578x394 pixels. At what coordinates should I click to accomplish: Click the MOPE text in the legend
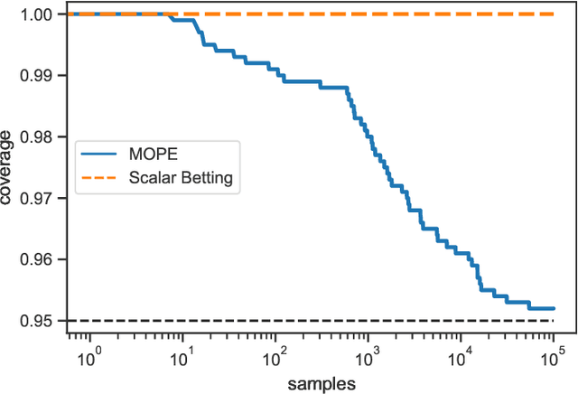point(156,155)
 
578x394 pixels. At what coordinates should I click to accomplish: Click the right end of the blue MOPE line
point(553,308)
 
